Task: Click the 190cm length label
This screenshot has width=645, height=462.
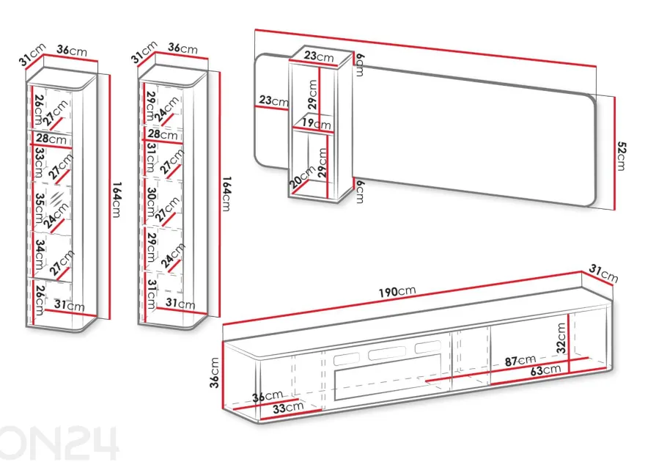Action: click(x=397, y=291)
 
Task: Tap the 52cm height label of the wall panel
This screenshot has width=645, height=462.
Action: click(x=621, y=156)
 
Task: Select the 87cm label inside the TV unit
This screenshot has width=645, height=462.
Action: click(x=520, y=361)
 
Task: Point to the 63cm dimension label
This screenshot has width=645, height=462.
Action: click(x=545, y=370)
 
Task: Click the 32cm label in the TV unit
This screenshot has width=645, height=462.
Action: click(x=561, y=338)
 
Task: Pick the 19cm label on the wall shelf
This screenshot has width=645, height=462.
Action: click(x=316, y=122)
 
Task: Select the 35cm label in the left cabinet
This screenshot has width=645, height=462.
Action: click(x=40, y=208)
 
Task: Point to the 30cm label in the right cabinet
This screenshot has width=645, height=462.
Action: click(x=152, y=202)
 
